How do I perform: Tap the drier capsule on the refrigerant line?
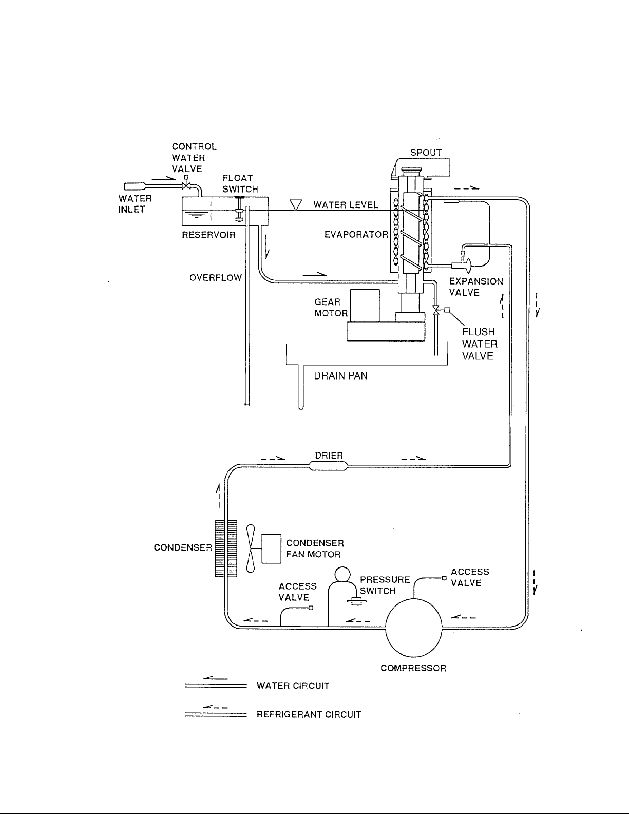(328, 466)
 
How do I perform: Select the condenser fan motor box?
(272, 549)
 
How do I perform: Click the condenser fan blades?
(251, 549)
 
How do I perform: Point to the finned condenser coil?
(226, 549)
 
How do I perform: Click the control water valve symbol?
(186, 185)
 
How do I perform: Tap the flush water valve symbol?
(436, 310)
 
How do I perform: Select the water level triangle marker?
(296, 205)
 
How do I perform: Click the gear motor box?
(365, 305)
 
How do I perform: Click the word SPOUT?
(426, 153)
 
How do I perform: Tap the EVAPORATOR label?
(356, 235)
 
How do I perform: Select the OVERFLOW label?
(215, 277)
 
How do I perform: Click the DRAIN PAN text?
(341, 376)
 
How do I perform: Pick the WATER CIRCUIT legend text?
(293, 686)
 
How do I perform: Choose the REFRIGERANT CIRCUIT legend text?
(309, 714)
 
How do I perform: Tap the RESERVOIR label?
(208, 235)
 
